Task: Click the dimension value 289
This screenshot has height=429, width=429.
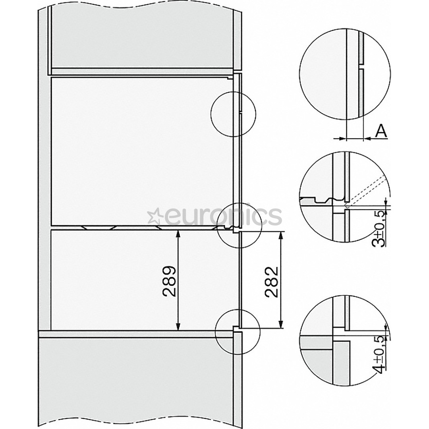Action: pyautogui.click(x=169, y=281)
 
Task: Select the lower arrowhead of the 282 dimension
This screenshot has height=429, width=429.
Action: pyautogui.click(x=281, y=325)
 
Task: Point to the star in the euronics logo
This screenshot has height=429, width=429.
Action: pyautogui.click(x=153, y=217)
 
